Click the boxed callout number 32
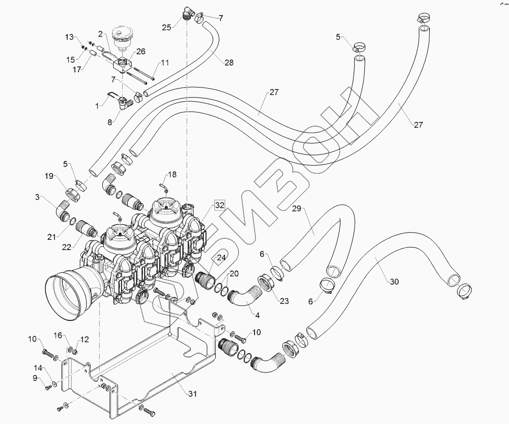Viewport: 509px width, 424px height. point(219,205)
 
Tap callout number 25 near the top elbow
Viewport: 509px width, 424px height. point(166,28)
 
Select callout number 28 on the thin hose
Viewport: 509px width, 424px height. point(229,63)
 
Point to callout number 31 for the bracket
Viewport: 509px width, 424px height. point(193,394)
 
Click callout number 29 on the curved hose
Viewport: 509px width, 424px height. point(297,208)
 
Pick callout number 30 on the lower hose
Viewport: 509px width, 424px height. point(394,282)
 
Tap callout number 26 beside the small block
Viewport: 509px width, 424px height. point(141,51)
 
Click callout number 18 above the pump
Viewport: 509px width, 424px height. point(172,175)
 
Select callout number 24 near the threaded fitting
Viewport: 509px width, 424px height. point(221,258)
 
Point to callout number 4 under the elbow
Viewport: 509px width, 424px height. point(258,315)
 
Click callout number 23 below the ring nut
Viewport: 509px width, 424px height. point(284,301)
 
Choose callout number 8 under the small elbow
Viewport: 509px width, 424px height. point(110,122)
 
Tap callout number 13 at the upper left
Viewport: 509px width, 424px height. point(69,37)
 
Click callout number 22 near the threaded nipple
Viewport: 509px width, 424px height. point(67,247)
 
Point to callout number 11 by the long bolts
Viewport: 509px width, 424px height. point(165,63)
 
